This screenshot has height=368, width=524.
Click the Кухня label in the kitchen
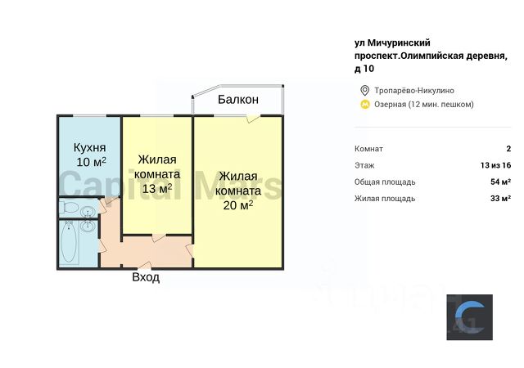pos(89,147)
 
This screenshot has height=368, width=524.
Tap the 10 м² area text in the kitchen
pos(92,162)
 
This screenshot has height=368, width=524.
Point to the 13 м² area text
pos(156,189)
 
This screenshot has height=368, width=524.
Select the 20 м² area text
pos(237,204)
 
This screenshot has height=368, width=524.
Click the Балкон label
pos(238,100)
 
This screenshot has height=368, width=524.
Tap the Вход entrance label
pos(146,277)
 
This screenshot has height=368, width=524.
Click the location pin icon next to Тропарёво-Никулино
pos(364,90)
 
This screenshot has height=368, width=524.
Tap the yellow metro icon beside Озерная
pos(364,104)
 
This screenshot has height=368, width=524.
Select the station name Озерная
pos(390,104)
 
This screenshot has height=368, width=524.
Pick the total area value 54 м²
pos(500,182)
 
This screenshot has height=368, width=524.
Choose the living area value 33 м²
pos(500,198)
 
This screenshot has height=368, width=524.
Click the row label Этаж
pos(364,165)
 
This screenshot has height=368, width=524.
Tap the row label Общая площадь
pos(385,182)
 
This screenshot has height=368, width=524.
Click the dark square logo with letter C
pos(469,317)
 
